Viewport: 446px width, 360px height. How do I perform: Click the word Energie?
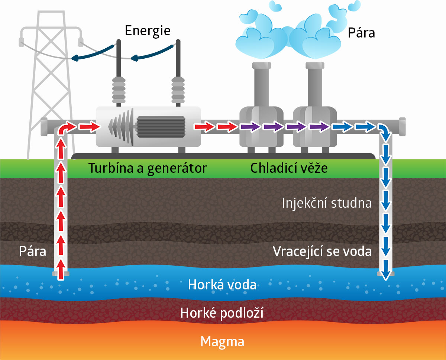pos(148,31)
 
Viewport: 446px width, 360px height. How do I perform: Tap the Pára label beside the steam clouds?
pos(361,33)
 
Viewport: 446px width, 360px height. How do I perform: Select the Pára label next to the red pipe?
pos(33,252)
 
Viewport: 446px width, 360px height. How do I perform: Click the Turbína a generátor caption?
pos(147,168)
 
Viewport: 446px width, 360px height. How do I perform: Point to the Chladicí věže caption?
pos(289,168)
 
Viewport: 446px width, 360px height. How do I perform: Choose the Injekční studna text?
pos(327,203)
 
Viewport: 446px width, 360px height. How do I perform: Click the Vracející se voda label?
pos(322,252)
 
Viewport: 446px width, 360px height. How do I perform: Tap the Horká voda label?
pos(222,285)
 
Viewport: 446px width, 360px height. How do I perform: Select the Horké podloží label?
pos(222,314)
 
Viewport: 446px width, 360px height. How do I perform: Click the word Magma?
pos(222,341)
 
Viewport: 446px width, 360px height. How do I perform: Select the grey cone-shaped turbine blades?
pos(121,126)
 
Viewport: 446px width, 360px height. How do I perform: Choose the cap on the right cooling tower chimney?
pos(316,66)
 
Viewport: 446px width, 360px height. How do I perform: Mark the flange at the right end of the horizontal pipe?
pos(402,127)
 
